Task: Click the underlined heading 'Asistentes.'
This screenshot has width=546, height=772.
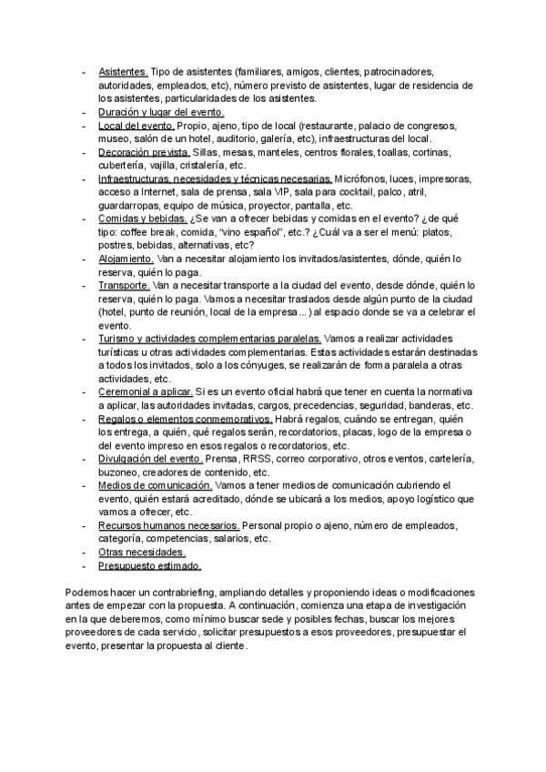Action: pyautogui.click(x=123, y=71)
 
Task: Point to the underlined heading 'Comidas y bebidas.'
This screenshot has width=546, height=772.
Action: pyautogui.click(x=142, y=219)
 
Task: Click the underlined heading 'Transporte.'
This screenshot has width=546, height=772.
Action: pyautogui.click(x=125, y=286)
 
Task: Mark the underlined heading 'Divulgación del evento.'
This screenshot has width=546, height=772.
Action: pyautogui.click(x=150, y=460)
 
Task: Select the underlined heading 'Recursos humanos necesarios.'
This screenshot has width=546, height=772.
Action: pyautogui.click(x=168, y=526)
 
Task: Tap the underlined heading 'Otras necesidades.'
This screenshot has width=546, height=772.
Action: pyautogui.click(x=141, y=553)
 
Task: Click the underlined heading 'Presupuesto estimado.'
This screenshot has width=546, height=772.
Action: pyautogui.click(x=149, y=565)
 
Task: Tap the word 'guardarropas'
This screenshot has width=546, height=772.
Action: pyautogui.click(x=128, y=206)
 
